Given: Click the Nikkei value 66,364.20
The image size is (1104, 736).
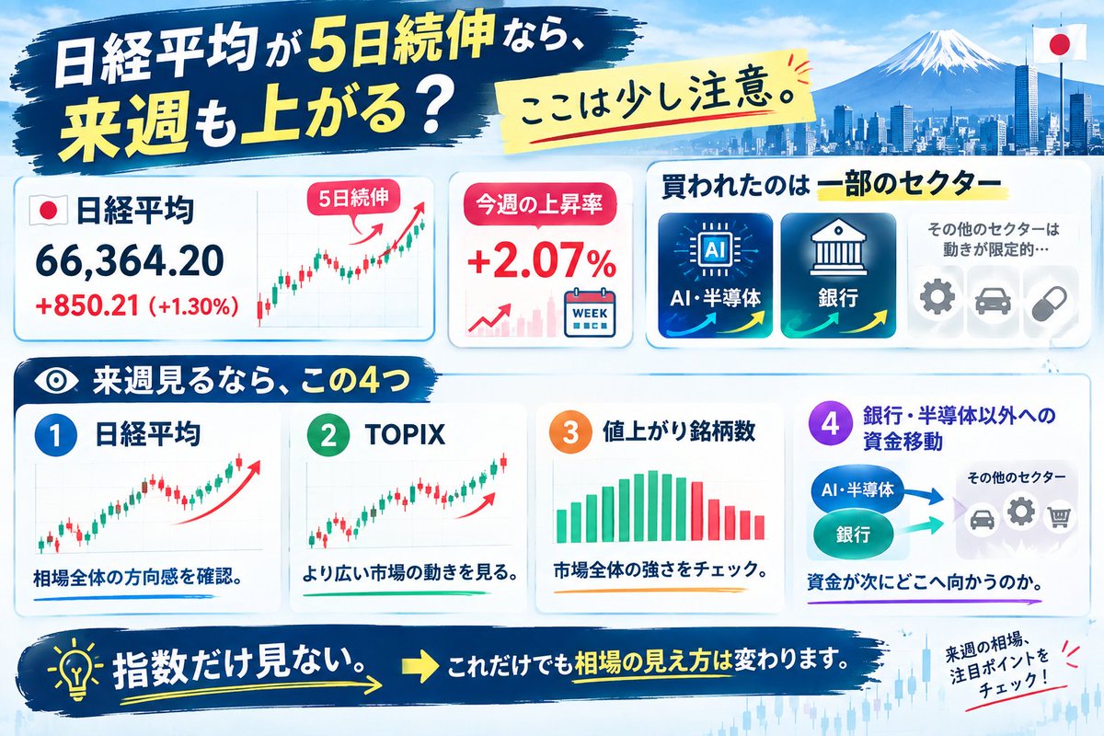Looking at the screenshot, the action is click(x=130, y=261).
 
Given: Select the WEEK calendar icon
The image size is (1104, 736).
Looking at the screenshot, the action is click(x=590, y=313).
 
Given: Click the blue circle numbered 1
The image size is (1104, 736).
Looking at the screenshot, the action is click(x=56, y=435).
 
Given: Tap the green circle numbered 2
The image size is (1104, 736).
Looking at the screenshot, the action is click(x=328, y=435).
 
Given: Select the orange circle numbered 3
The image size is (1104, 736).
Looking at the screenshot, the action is click(x=570, y=432).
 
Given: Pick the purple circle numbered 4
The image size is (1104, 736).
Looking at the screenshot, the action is click(x=830, y=422).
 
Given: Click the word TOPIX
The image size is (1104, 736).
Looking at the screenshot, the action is click(x=405, y=434).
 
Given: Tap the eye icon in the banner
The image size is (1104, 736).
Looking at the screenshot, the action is click(x=56, y=381).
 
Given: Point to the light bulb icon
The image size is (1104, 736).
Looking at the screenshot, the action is click(x=76, y=668).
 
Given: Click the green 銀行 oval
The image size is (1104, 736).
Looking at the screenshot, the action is click(x=853, y=535).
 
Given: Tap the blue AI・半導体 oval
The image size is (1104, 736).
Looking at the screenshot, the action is click(x=858, y=489).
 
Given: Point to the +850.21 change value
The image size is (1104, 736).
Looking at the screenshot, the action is click(x=87, y=306).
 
